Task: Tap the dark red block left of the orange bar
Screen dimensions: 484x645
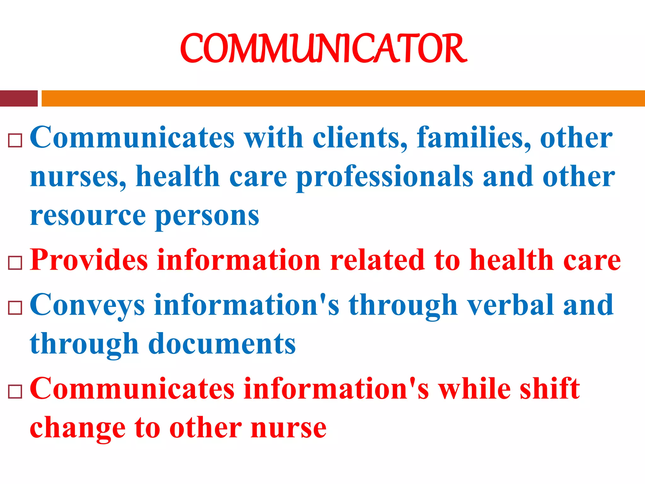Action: click(19, 98)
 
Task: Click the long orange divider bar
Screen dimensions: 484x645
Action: click(343, 98)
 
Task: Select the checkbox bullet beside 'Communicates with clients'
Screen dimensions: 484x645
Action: click(15, 140)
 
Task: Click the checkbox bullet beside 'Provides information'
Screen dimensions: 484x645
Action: click(15, 263)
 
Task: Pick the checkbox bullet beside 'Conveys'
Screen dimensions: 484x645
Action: click(15, 308)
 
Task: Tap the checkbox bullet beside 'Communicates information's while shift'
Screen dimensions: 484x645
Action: click(15, 392)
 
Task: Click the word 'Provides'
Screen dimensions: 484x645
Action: click(89, 260)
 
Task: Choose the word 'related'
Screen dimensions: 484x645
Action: click(377, 260)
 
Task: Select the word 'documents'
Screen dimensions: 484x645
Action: click(222, 344)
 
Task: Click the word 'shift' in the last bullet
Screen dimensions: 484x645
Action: click(549, 389)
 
